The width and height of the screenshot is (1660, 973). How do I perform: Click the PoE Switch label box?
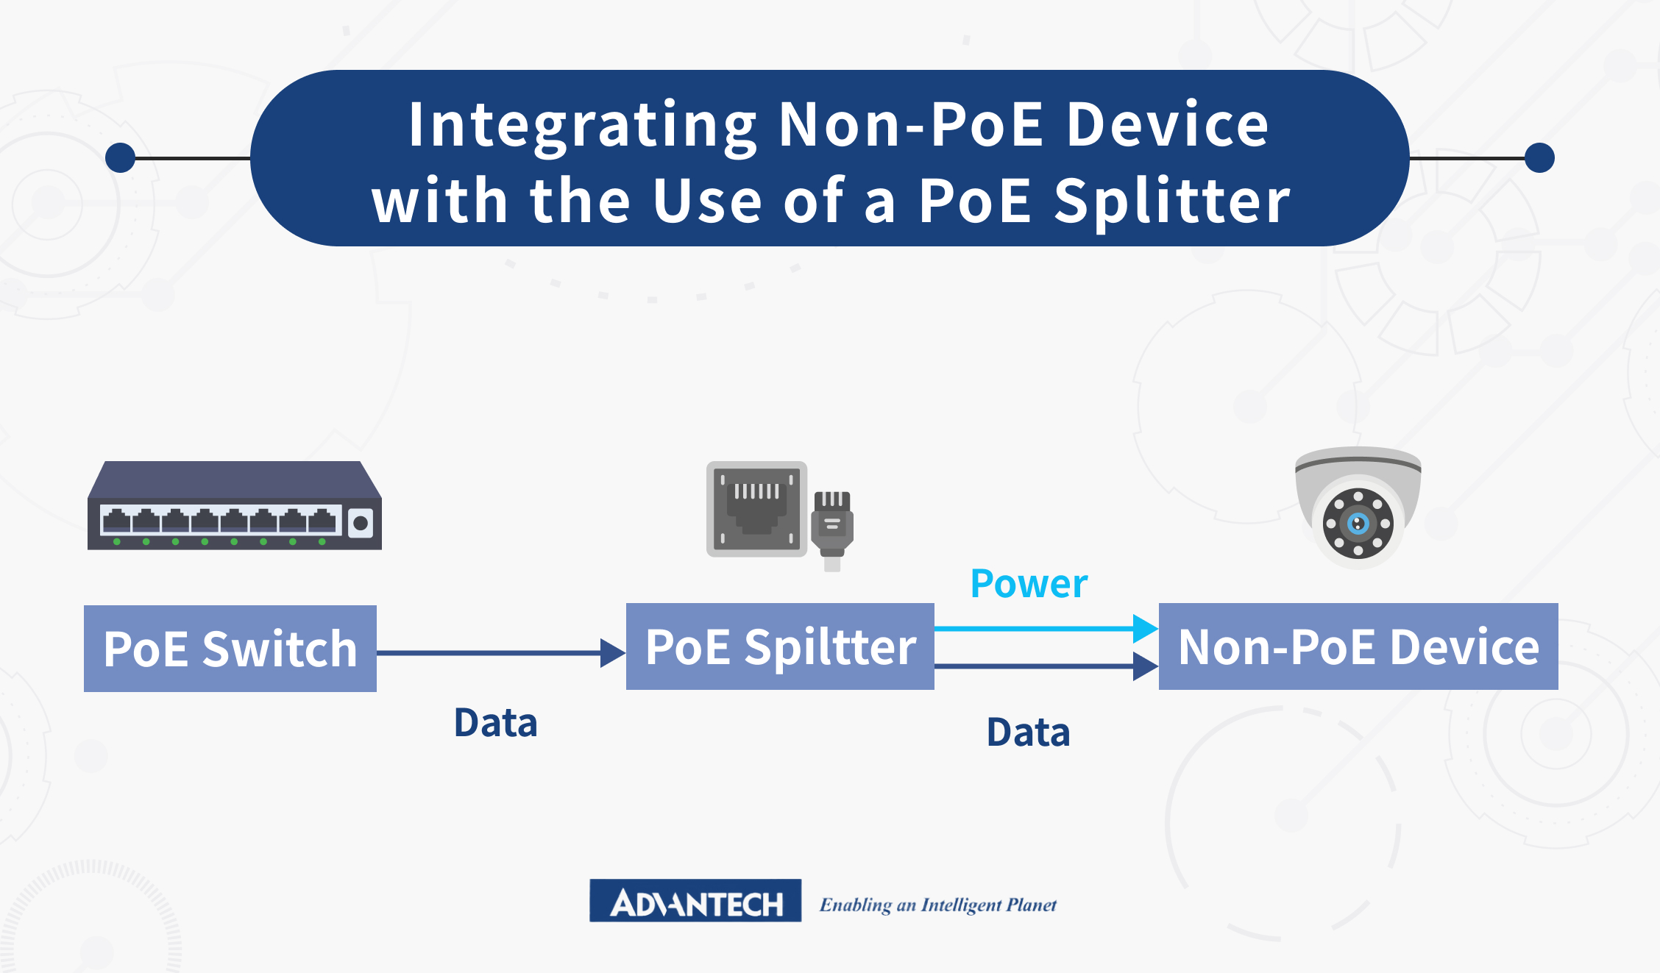(230, 648)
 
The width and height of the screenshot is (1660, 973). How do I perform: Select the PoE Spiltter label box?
(780, 646)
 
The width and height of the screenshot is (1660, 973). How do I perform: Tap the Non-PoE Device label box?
(1358, 646)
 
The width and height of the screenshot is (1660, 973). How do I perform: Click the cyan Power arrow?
(1046, 629)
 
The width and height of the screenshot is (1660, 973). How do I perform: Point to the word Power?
(1029, 584)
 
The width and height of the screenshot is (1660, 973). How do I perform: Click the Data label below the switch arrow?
(496, 722)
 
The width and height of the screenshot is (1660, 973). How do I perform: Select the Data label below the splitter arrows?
(1028, 733)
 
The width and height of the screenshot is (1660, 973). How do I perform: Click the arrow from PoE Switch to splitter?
(501, 653)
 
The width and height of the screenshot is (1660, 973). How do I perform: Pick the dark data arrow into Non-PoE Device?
(1046, 666)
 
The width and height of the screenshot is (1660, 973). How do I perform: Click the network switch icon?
(235, 506)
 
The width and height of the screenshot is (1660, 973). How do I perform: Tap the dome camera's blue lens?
(1358, 524)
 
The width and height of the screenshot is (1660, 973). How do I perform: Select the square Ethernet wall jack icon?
(756, 509)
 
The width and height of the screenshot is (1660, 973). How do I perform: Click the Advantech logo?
(695, 900)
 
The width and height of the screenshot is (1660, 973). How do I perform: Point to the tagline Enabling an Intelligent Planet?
(938, 905)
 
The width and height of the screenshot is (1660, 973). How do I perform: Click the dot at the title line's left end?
(121, 158)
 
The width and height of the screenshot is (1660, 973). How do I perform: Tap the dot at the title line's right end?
(1539, 158)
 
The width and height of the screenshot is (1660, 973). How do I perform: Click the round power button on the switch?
(361, 523)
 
